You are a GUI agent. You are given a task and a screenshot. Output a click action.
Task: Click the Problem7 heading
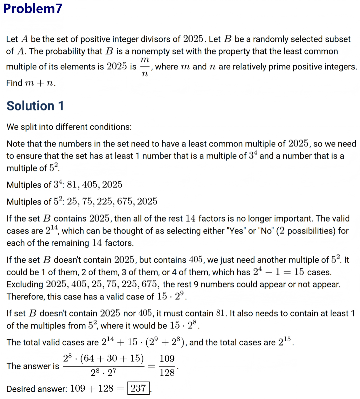coord(33,9)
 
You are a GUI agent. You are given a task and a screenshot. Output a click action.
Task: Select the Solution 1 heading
coord(35,106)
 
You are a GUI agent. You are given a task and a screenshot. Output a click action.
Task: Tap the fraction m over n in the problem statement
coord(144,67)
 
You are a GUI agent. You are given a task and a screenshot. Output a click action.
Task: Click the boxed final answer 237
coord(138,388)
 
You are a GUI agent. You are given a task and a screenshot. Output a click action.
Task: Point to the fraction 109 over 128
coord(167,366)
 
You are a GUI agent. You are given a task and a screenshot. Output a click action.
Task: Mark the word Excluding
coord(25,285)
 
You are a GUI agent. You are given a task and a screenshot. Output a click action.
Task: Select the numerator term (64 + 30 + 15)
coord(112,359)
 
